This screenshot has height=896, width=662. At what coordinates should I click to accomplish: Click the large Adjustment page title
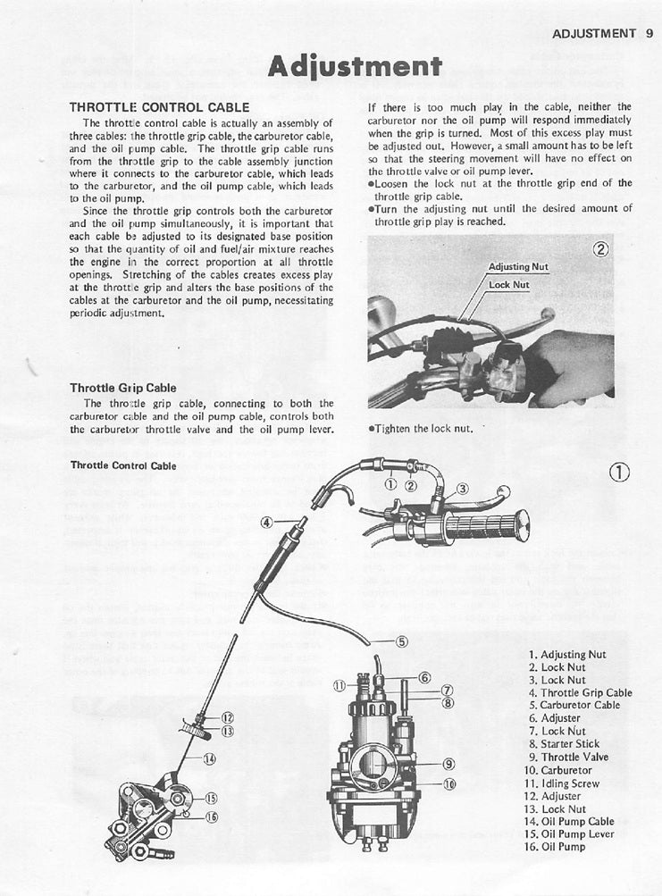355,66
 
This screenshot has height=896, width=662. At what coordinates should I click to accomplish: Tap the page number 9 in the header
648,34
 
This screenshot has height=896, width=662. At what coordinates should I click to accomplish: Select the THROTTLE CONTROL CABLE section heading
159,106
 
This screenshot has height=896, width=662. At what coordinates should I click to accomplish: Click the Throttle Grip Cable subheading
122,388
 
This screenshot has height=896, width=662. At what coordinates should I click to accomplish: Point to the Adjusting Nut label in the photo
518,267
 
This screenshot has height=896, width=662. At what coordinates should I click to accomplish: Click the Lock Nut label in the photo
508,285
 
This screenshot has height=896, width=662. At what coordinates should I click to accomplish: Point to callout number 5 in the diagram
401,641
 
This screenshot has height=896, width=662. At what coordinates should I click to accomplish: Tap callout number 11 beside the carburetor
339,685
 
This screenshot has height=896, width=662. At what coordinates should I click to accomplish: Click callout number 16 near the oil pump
213,816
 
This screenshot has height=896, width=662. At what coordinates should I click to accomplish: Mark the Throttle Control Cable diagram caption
123,465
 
